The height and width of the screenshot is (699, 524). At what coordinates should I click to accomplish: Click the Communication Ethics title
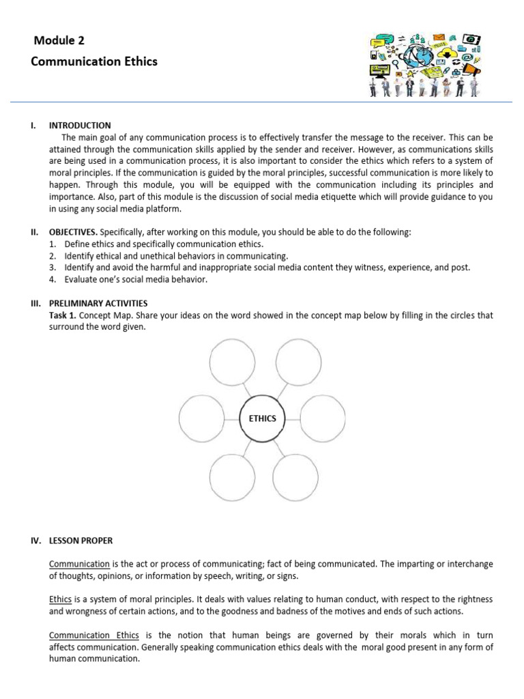[94, 61]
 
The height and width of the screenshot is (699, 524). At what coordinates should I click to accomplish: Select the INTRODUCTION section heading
[79, 125]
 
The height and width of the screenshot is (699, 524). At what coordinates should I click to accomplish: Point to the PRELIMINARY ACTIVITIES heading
[98, 303]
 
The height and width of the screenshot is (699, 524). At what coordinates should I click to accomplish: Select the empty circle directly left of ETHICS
[201, 418]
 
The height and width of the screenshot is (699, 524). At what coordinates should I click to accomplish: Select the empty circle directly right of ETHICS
[321, 418]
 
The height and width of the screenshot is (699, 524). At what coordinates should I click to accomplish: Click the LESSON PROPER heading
[81, 540]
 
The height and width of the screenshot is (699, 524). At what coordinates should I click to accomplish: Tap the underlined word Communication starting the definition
[79, 564]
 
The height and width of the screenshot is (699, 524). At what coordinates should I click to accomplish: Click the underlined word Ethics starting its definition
[60, 599]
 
